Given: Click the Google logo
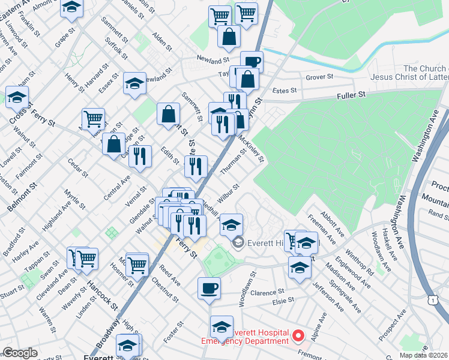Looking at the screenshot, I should (20, 353).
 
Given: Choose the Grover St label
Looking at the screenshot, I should (319, 77).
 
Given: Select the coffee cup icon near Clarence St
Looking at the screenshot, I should (209, 288).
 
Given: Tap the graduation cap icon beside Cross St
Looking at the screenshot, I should (17, 96).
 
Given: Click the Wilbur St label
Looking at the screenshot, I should (229, 191).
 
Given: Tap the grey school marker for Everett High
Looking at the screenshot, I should (238, 242).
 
